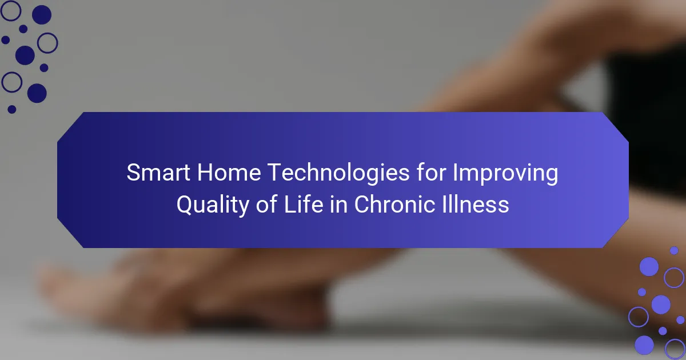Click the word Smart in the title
click(158, 173)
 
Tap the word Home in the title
click(229, 173)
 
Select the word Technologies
click(338, 173)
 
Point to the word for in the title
click(431, 172)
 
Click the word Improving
click(505, 174)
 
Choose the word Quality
click(213, 205)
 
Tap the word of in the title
click(267, 204)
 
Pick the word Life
click(304, 204)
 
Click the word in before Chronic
click(338, 204)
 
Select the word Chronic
click(394, 204)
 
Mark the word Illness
click(475, 204)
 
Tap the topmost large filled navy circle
click(42, 15)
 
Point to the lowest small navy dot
click(11, 109)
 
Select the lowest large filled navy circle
click(37, 93)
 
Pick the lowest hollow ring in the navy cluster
click(2, 82)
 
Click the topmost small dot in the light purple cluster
click(674, 250)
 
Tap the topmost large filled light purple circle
click(649, 267)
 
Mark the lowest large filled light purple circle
click(644, 345)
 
